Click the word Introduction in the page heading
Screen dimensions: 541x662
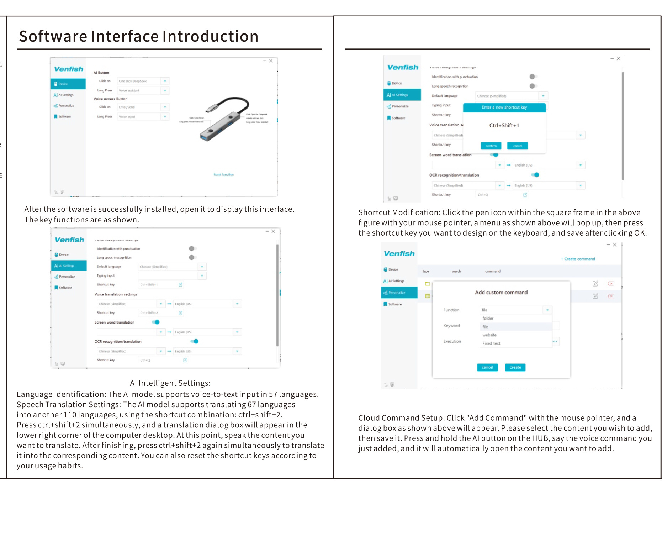210,36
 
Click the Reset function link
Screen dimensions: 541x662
223,175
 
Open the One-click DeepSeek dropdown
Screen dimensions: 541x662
165,81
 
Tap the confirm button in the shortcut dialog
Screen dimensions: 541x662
491,146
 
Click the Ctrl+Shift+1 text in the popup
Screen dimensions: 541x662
504,126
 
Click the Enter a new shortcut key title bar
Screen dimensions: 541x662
504,107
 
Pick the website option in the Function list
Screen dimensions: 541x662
489,335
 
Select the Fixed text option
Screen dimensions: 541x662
491,343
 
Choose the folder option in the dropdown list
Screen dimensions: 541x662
488,319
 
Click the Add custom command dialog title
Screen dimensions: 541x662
501,293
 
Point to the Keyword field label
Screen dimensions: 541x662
451,326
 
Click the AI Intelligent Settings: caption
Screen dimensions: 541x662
170,383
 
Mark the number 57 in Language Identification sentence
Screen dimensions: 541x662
273,394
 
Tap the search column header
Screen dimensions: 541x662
456,271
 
